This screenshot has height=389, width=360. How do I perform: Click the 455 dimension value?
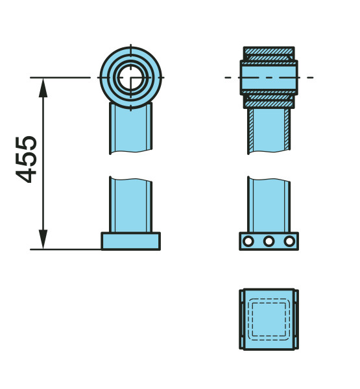point(26,159)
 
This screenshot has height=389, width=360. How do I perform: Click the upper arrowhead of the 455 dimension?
point(43,88)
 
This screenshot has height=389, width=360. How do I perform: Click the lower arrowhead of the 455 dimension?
point(43,239)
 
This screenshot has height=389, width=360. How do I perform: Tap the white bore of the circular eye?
point(131,77)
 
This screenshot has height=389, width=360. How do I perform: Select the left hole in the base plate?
point(248,241)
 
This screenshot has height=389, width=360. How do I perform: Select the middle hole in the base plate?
point(269,241)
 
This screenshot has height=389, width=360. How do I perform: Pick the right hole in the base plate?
point(289,241)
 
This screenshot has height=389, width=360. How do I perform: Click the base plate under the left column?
point(130,241)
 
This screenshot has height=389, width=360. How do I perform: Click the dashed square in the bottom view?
point(269,319)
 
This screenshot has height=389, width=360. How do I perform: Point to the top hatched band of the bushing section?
point(269,51)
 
